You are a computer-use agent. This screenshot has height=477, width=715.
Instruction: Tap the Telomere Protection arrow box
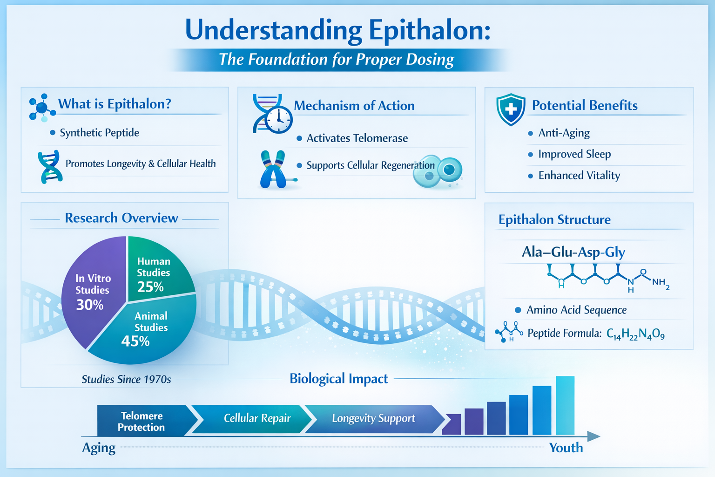[142, 421]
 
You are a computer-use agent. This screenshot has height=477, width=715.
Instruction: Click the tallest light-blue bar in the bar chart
[565, 405]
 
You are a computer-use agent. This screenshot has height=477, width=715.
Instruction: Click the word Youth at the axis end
[566, 448]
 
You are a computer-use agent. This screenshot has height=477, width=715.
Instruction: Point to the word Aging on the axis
[99, 448]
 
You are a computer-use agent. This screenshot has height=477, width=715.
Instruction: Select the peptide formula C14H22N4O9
[635, 334]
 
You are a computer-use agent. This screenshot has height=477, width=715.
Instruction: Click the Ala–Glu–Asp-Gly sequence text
[573, 252]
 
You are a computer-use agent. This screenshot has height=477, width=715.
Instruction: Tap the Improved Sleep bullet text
[574, 154]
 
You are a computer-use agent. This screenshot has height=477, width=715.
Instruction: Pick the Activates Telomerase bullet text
[357, 138]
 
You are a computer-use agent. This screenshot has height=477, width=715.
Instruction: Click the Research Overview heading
[121, 218]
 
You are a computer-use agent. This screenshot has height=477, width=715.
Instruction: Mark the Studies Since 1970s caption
[126, 380]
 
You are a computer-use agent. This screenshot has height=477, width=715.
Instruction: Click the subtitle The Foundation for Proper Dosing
[336, 60]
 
